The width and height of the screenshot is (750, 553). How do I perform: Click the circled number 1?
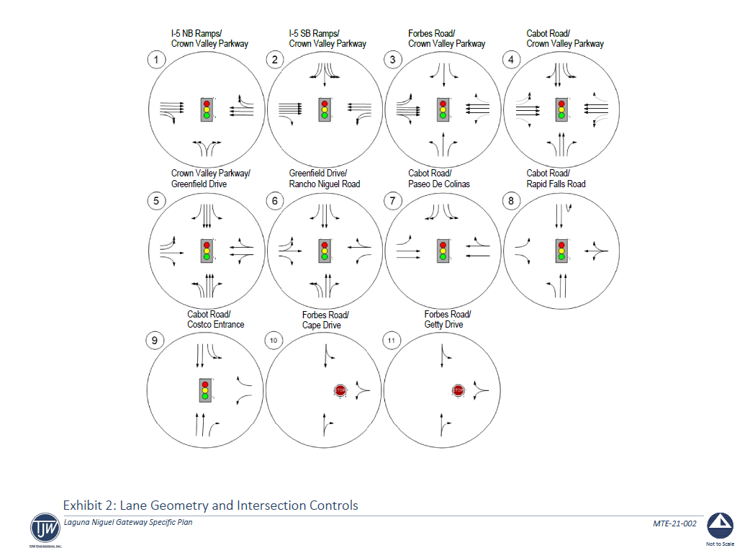156,59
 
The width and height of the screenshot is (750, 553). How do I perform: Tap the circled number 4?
511,59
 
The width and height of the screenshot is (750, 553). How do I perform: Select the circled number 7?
392,201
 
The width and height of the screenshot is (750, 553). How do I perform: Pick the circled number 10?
274,339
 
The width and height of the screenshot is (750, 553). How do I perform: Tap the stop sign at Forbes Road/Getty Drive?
458,391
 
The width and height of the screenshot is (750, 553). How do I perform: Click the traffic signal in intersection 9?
206,390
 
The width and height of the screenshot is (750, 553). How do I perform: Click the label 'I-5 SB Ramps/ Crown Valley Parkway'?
327,39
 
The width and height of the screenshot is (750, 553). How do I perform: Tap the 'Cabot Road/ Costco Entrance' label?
215,320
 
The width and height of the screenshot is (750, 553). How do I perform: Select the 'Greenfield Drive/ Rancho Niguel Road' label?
324,179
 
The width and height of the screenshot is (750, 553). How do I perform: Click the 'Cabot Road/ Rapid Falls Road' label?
556,179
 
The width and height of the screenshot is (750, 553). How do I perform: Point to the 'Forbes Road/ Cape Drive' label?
325,320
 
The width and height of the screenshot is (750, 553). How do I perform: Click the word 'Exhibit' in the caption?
83,505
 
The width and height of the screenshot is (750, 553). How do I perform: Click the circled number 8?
511,201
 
